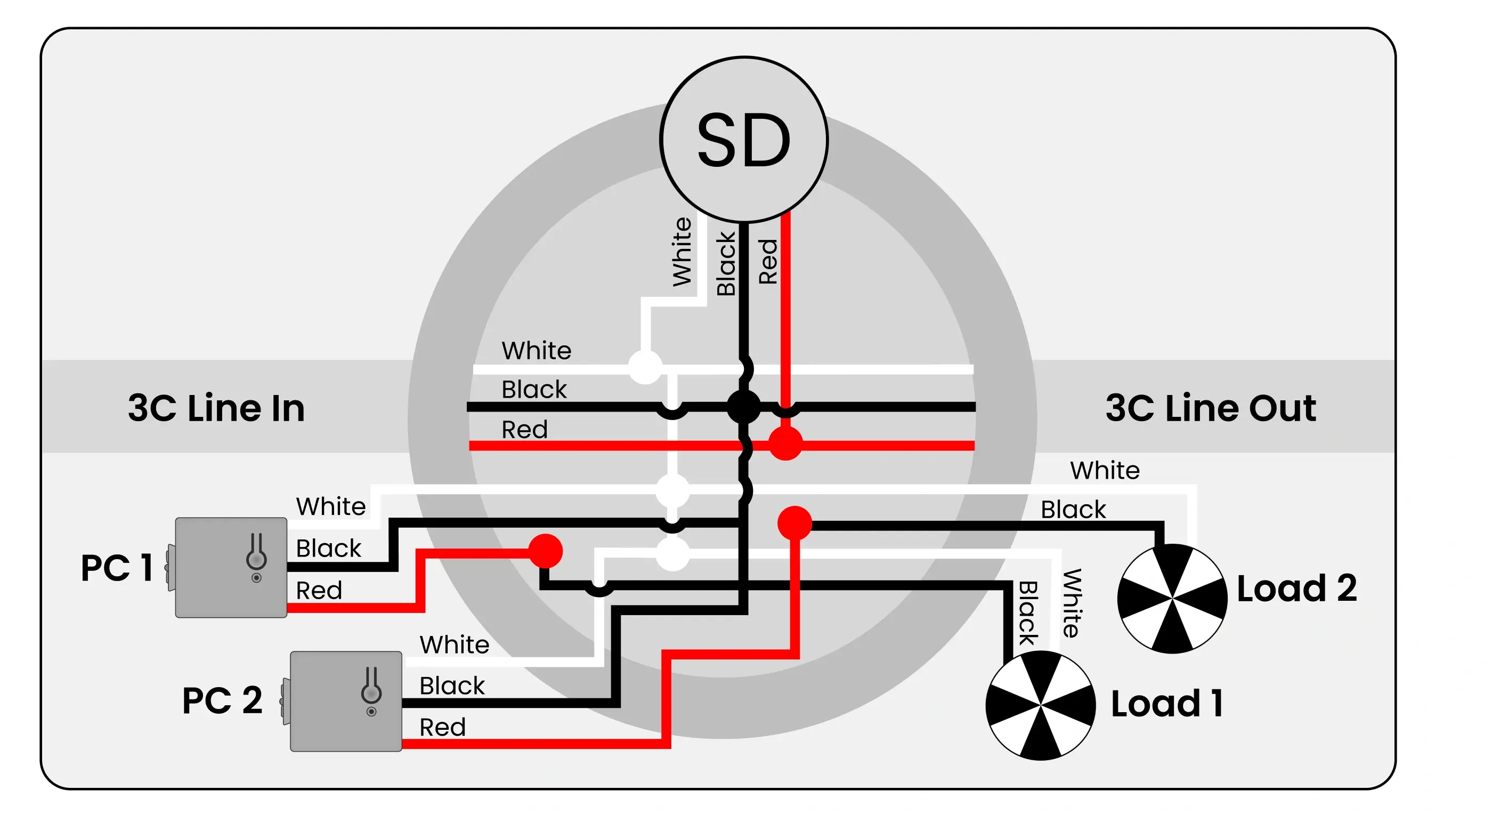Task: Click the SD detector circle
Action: (744, 140)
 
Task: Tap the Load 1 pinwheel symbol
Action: (1040, 705)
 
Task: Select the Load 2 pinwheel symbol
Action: (1172, 598)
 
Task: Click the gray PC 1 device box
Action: (231, 567)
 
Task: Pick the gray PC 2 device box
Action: (346, 701)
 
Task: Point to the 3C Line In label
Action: (216, 408)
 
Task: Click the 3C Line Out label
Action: (1211, 408)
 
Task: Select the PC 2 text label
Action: (222, 700)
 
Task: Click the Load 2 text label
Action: (1297, 588)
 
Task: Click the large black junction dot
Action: (744, 407)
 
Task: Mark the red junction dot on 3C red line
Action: (785, 444)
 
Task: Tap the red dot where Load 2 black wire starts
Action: (794, 522)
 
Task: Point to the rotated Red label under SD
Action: (768, 261)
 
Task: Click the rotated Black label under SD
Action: (726, 264)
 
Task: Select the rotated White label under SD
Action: (682, 252)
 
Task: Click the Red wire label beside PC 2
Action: (442, 727)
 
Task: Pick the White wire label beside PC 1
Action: (331, 506)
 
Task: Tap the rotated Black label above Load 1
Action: (1028, 612)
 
